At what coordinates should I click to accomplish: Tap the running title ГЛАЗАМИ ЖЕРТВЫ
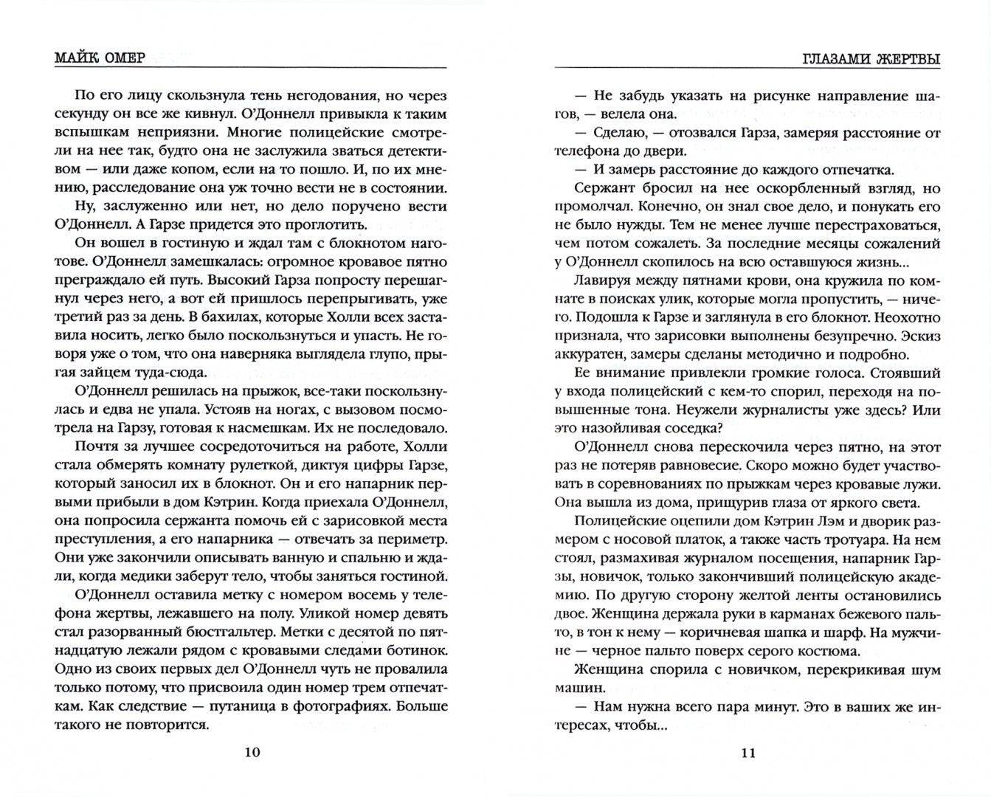pyautogui.click(x=870, y=58)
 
